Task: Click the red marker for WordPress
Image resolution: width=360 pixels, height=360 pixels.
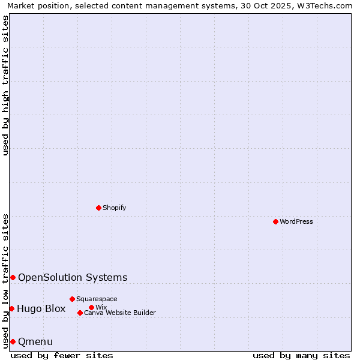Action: pos(275,221)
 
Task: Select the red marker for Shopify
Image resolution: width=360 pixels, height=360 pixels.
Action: pos(99,208)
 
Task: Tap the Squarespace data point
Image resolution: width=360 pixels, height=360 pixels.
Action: pos(72,299)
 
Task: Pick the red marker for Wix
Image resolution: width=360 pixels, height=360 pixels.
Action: pos(91,307)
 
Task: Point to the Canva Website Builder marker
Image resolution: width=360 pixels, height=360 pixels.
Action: pos(80,313)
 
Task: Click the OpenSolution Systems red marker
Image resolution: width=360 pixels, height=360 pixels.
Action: pos(13,277)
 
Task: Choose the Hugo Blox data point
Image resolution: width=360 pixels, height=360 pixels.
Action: pos(11,308)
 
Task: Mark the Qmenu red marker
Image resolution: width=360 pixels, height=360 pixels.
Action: pos(13,341)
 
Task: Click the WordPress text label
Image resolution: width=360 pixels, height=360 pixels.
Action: pos(296,221)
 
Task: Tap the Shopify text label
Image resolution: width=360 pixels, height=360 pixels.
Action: pos(115,208)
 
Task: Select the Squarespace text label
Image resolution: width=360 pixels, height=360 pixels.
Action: pos(97,299)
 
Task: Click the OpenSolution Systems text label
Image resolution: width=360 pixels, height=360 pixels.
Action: pos(73,277)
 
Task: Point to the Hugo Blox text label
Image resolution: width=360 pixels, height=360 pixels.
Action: pos(41,309)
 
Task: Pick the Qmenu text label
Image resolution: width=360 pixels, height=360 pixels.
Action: pos(35,342)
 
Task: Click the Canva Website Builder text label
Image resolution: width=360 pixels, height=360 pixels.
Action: pos(120,313)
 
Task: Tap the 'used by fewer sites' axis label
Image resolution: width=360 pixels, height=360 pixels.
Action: pos(62,355)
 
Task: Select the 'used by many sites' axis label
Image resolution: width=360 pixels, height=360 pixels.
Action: pos(301,355)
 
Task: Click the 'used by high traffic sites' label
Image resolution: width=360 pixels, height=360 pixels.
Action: pos(5,85)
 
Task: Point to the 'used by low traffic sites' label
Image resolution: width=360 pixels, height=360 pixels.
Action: pos(5,281)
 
